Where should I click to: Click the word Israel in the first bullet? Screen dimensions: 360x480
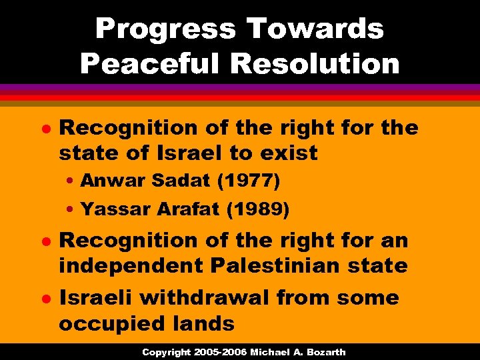click(190, 153)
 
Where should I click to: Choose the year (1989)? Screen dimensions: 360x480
click(258, 210)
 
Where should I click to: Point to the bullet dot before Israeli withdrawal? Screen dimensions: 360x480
click(46, 298)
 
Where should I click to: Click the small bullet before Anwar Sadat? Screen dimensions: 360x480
click(70, 181)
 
